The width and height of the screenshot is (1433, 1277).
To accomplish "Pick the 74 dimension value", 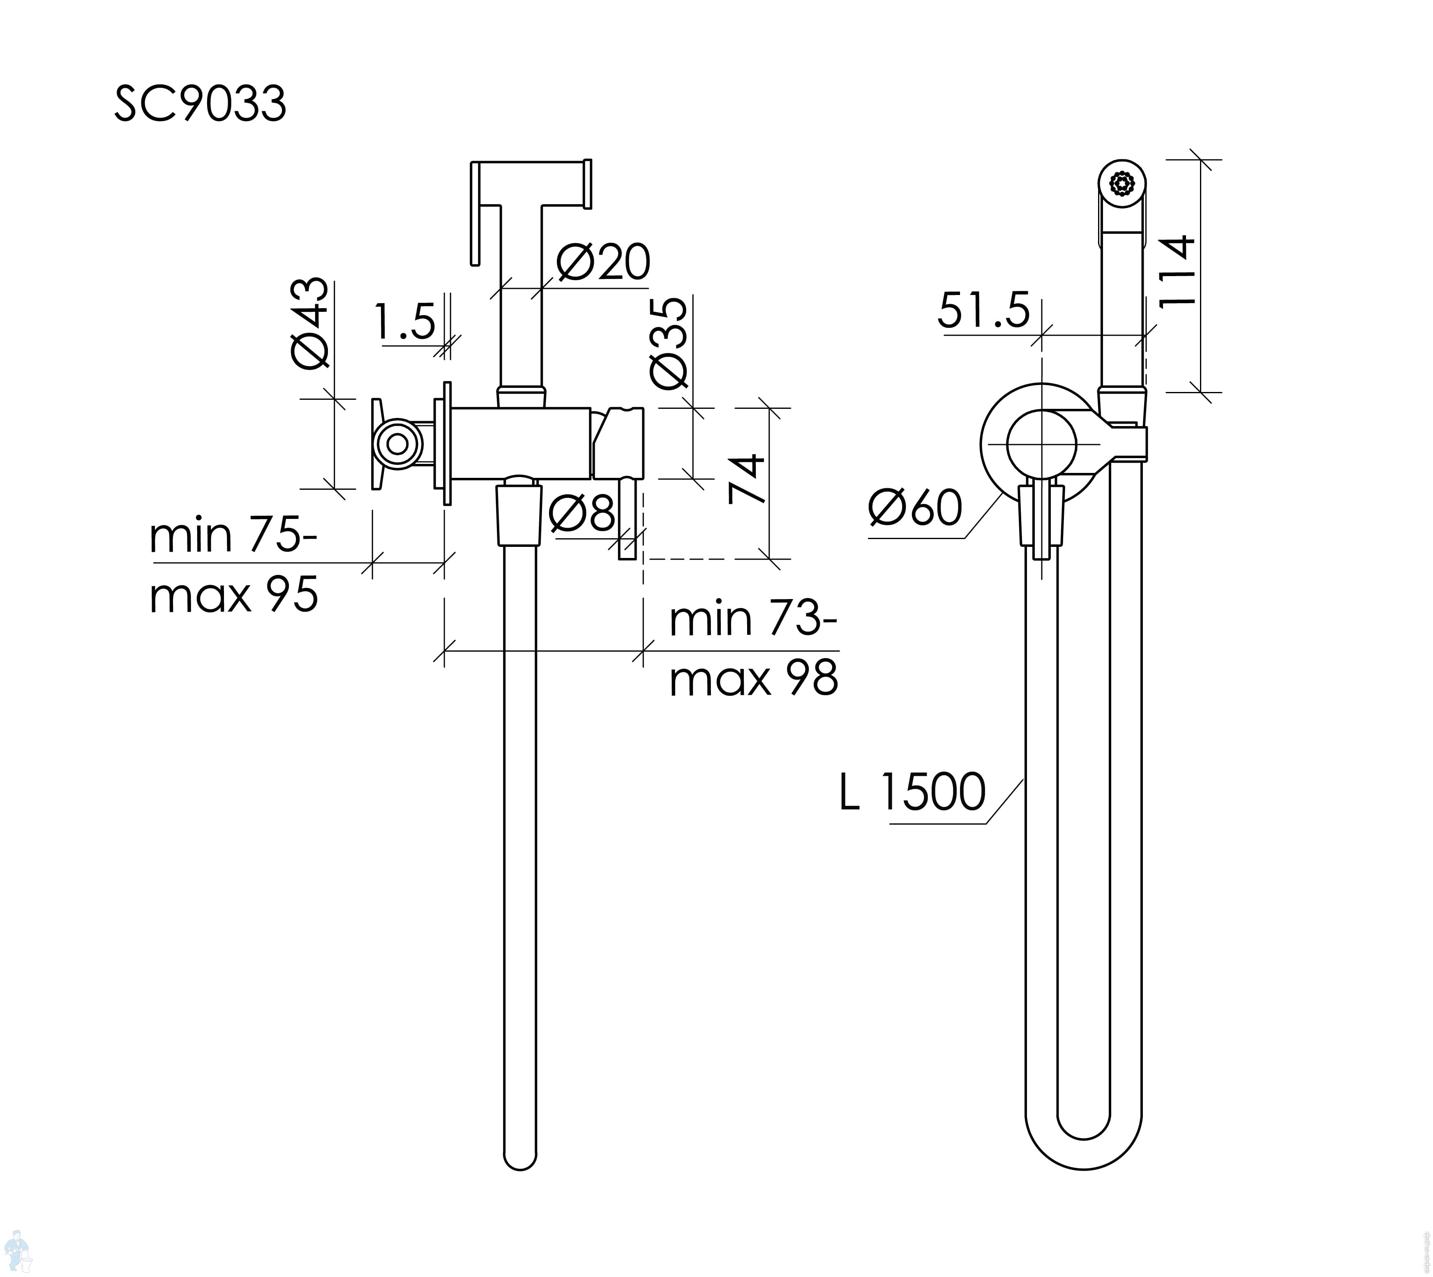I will click(746, 479).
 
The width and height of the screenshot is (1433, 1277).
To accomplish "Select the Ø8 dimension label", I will click(582, 512).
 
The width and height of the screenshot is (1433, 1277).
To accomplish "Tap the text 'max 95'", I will click(234, 595).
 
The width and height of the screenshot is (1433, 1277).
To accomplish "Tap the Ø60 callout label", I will click(914, 508).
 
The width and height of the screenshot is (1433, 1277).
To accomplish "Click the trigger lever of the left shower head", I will click(475, 214).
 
